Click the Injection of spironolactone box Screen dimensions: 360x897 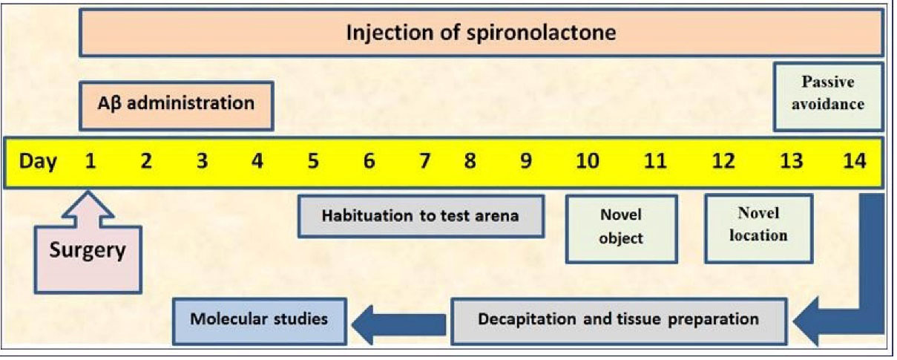tap(481, 33)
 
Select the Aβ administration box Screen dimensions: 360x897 tap(176, 103)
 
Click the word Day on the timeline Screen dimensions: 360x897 tap(37, 162)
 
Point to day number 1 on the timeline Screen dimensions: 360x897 tap(90, 162)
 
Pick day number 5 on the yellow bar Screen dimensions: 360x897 tap(312, 162)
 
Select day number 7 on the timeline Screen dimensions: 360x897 tap(424, 162)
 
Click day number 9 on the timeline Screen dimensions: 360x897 tap(525, 162)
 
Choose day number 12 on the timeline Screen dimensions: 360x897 tap(723, 162)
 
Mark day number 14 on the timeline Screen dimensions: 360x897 tap(854, 162)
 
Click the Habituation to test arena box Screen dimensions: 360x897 tap(421, 217)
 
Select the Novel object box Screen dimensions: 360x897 tap(621, 228)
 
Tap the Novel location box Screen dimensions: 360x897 tap(758, 226)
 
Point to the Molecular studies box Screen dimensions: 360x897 tap(259, 320)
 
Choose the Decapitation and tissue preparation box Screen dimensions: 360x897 tap(618, 320)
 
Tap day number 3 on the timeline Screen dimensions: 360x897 tap(202, 162)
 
